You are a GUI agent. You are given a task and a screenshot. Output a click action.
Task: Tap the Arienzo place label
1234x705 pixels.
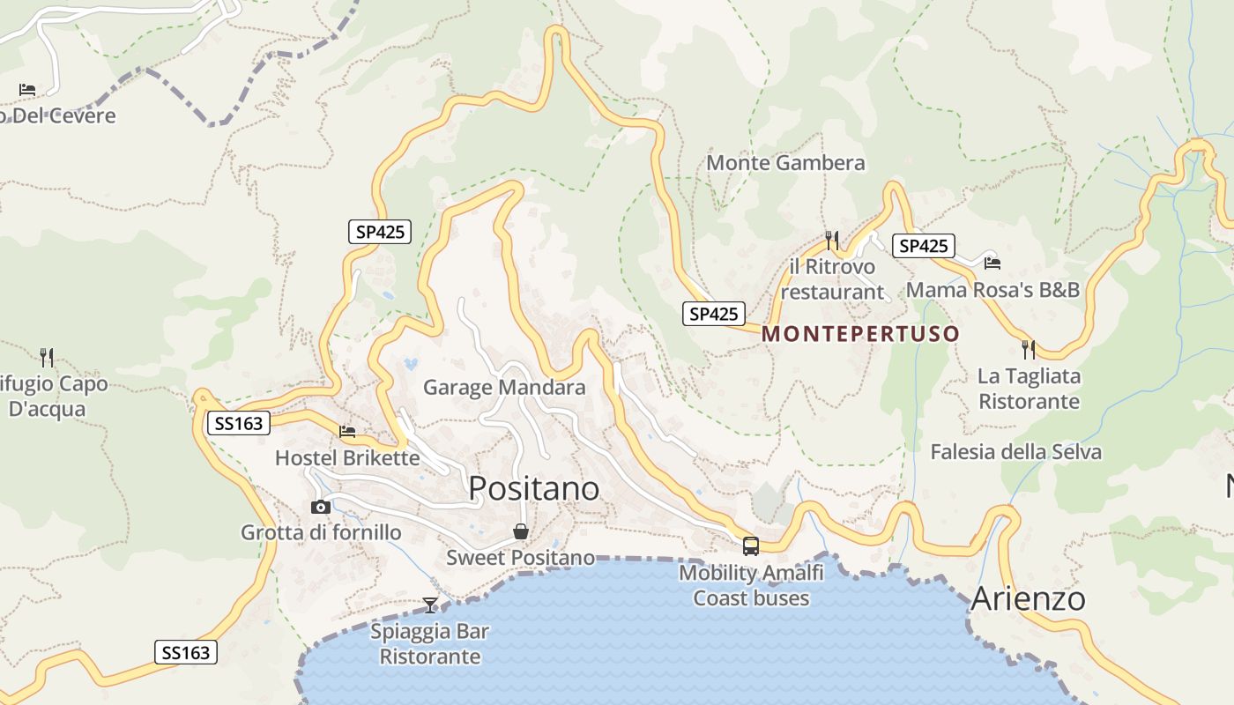[1028, 599]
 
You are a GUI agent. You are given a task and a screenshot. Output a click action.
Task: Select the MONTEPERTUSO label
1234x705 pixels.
[860, 334]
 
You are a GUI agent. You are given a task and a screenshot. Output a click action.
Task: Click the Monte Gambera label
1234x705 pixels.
[785, 163]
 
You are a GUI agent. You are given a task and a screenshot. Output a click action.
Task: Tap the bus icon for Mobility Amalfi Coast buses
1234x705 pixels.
[751, 546]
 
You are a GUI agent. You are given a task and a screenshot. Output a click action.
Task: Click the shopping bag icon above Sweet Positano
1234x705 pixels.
[521, 531]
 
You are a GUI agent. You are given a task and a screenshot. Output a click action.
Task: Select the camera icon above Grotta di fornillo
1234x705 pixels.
[321, 507]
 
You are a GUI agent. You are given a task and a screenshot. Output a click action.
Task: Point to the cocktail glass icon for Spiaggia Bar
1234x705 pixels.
[430, 605]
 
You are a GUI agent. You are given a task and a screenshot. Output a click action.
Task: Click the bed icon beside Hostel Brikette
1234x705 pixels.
[347, 432]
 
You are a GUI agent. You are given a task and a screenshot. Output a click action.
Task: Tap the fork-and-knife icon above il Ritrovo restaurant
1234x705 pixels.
[832, 239]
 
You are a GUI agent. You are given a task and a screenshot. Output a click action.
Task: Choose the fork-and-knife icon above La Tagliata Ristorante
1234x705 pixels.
[1029, 349]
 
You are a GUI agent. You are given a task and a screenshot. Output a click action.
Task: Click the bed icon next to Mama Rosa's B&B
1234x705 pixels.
[992, 263]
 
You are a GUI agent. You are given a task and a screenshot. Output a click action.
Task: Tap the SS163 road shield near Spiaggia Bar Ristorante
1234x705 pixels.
[186, 652]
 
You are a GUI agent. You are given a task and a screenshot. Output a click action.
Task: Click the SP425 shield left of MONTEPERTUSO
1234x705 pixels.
[713, 314]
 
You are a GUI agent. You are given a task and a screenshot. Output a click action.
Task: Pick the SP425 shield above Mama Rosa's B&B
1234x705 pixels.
[923, 246]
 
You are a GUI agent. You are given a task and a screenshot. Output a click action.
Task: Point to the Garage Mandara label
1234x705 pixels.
[504, 388]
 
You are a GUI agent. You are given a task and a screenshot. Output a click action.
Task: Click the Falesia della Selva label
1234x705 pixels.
[1015, 452]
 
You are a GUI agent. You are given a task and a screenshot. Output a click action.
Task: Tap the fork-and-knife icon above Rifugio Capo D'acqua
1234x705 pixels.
[48, 357]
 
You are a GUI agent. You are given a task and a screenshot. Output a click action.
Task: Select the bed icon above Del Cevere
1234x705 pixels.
[27, 90]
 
